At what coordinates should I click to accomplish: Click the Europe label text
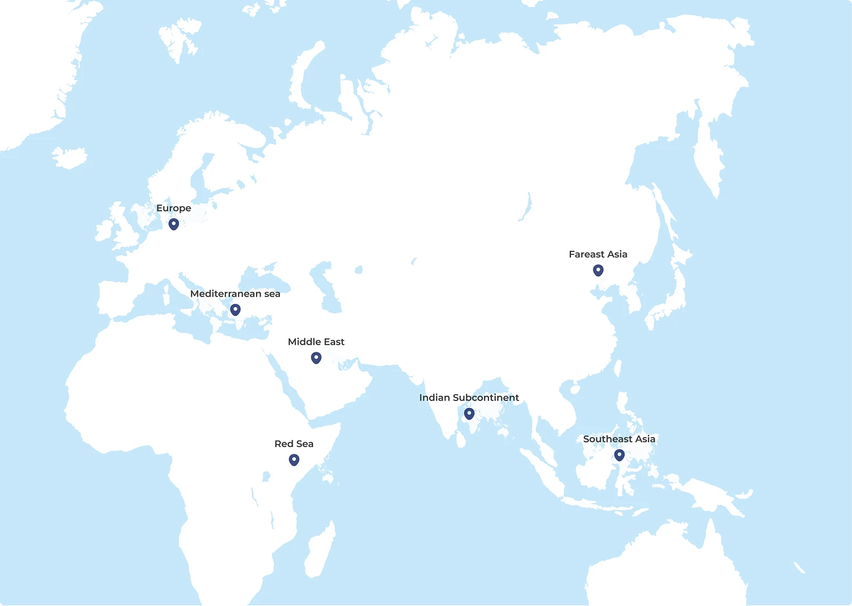(x=174, y=208)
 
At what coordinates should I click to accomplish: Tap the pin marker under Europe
(x=174, y=223)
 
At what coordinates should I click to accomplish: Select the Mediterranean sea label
(x=235, y=294)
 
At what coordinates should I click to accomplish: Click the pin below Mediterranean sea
(x=235, y=309)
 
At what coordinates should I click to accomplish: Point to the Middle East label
(x=316, y=342)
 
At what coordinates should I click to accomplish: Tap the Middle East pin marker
(x=316, y=358)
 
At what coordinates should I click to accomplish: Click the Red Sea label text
(x=294, y=444)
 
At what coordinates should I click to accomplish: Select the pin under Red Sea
(x=294, y=460)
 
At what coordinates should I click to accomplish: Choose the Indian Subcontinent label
(x=469, y=398)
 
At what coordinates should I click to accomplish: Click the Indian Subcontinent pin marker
(x=469, y=413)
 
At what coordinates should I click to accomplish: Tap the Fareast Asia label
(x=598, y=254)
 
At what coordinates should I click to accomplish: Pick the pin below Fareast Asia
(x=598, y=270)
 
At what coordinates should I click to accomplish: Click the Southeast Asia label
(x=619, y=439)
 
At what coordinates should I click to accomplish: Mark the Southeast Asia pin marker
(x=619, y=454)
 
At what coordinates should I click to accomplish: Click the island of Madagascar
(x=320, y=551)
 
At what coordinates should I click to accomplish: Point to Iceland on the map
(x=70, y=157)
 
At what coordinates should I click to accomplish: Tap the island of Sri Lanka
(x=461, y=438)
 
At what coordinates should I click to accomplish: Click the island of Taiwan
(x=617, y=368)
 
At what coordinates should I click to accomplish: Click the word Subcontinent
(x=486, y=398)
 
